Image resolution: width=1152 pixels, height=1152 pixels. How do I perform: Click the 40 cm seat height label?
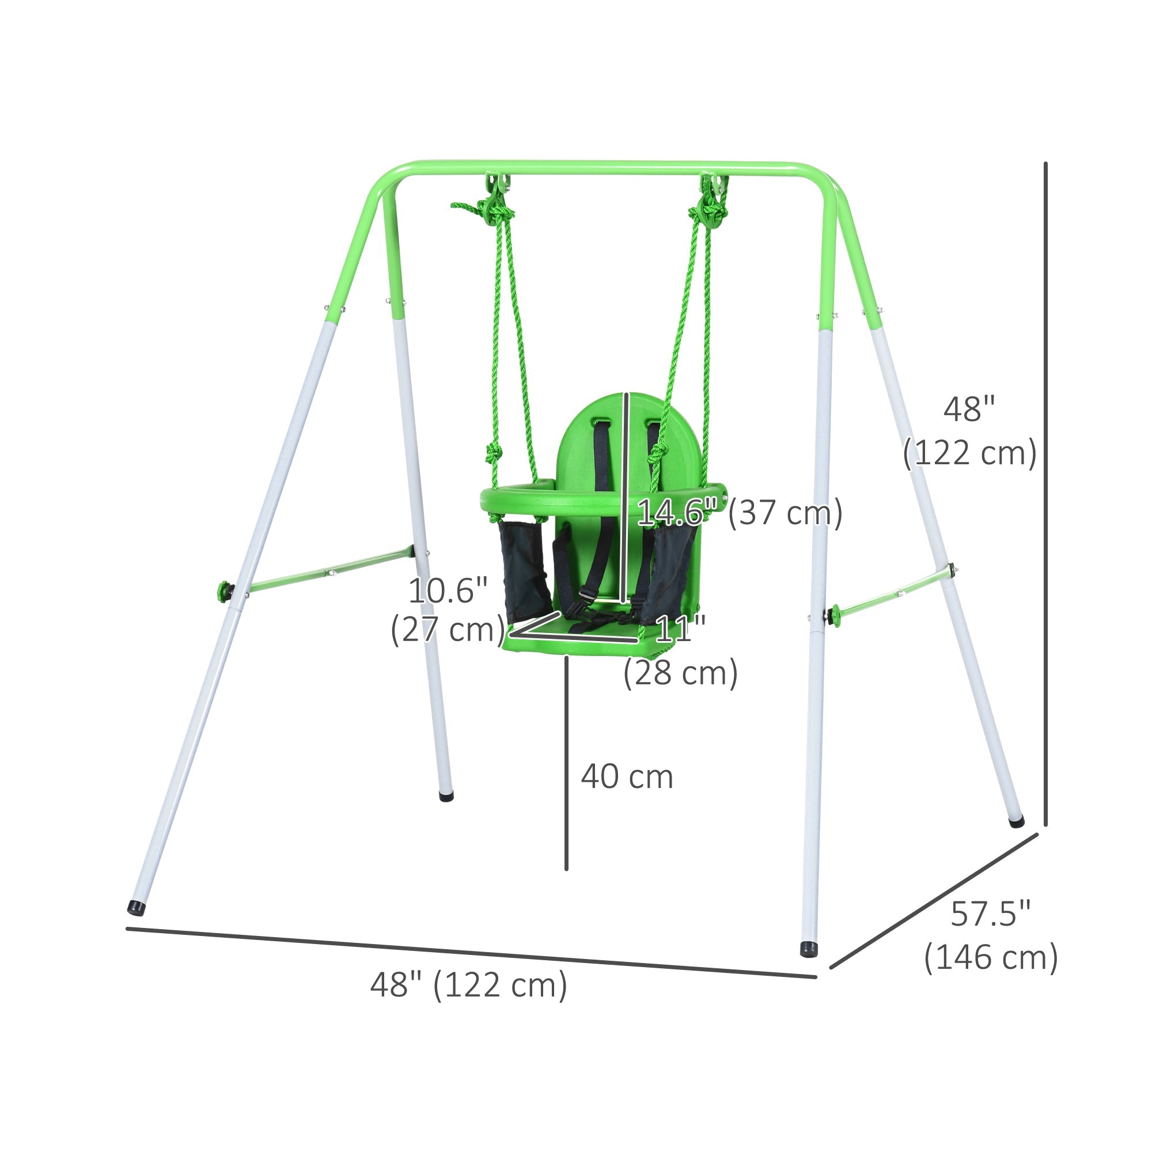tap(627, 777)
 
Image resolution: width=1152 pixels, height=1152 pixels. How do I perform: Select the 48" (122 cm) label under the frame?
tap(469, 984)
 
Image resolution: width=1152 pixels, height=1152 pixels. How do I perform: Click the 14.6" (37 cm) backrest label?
tap(740, 512)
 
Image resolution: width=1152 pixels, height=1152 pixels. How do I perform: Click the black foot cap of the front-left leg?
tap(137, 908)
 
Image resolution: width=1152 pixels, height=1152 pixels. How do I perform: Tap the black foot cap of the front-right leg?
tap(809, 950)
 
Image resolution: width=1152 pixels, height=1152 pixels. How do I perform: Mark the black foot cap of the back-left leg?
tap(445, 796)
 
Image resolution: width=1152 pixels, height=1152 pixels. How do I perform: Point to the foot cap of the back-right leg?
tap(1016, 823)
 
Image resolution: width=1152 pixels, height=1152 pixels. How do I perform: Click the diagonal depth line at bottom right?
tap(934, 901)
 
